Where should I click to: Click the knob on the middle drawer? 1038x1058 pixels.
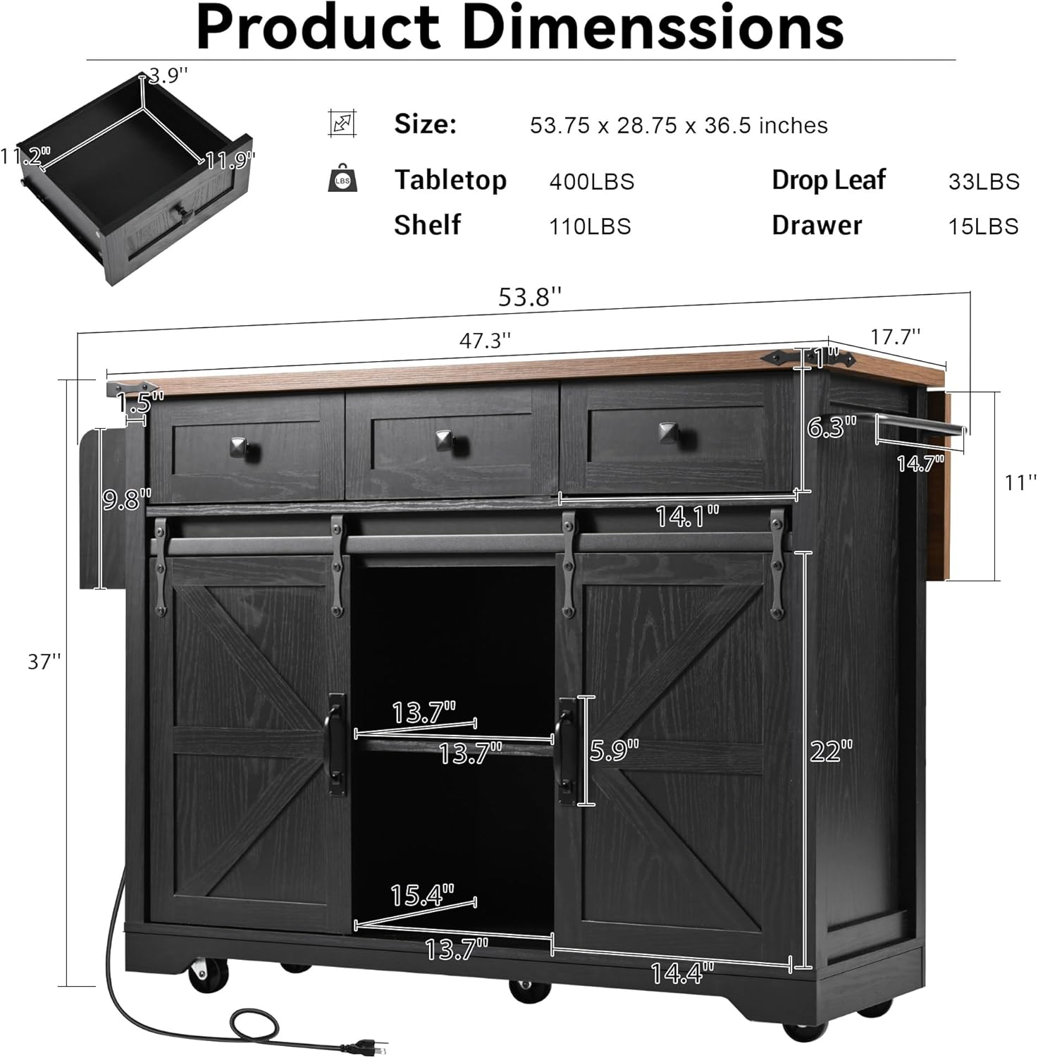[444, 440]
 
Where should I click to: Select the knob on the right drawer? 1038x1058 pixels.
[667, 432]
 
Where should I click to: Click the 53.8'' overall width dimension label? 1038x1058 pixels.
[530, 296]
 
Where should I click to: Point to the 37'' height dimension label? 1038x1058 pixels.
[44, 662]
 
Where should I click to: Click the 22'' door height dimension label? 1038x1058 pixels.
[831, 751]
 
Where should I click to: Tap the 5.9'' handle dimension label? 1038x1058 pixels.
[614, 750]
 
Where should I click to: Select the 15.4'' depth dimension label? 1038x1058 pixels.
[422, 896]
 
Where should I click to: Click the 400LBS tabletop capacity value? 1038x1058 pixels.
[592, 182]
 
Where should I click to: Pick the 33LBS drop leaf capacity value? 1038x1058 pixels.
[984, 182]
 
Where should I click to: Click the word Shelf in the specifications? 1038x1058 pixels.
[427, 225]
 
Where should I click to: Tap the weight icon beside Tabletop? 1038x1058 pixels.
[342, 178]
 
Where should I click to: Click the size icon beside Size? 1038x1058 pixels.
[342, 123]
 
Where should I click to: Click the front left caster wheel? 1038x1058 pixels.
[206, 974]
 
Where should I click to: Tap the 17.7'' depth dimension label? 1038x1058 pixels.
[895, 336]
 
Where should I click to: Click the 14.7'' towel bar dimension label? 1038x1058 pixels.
[920, 463]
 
